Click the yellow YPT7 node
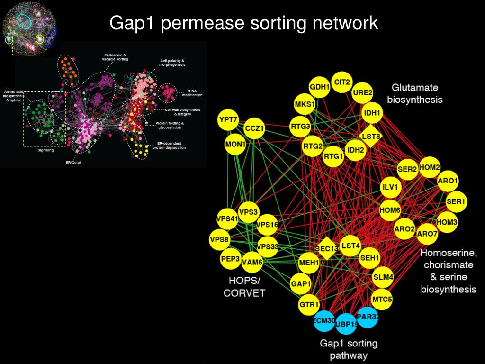pos(228,120)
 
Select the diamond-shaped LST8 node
pos(371,136)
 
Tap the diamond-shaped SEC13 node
pos(326,248)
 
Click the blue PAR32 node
pos(368,317)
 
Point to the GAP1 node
pos(301,284)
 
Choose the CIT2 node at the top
pos(342,82)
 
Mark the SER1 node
pos(457,202)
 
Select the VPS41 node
pos(227,219)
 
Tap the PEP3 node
pos(231,259)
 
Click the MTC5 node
pos(382,300)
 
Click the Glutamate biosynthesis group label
pos(414,93)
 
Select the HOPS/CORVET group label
pos(244,287)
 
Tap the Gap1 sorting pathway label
pos(349,349)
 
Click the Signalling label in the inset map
pos(45,150)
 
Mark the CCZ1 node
pos(254,128)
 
